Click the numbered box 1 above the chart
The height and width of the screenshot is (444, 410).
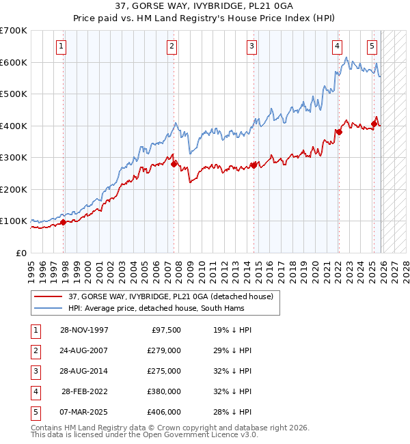[61, 46]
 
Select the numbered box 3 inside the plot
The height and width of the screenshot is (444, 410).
[252, 46]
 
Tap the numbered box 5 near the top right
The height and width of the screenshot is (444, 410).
[372, 46]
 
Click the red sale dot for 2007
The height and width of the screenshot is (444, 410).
[174, 164]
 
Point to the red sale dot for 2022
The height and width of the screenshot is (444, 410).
[339, 132]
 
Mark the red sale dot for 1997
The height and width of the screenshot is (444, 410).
[64, 221]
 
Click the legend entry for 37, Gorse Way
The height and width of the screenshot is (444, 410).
[171, 296]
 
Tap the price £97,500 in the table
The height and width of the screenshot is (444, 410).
[166, 329]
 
